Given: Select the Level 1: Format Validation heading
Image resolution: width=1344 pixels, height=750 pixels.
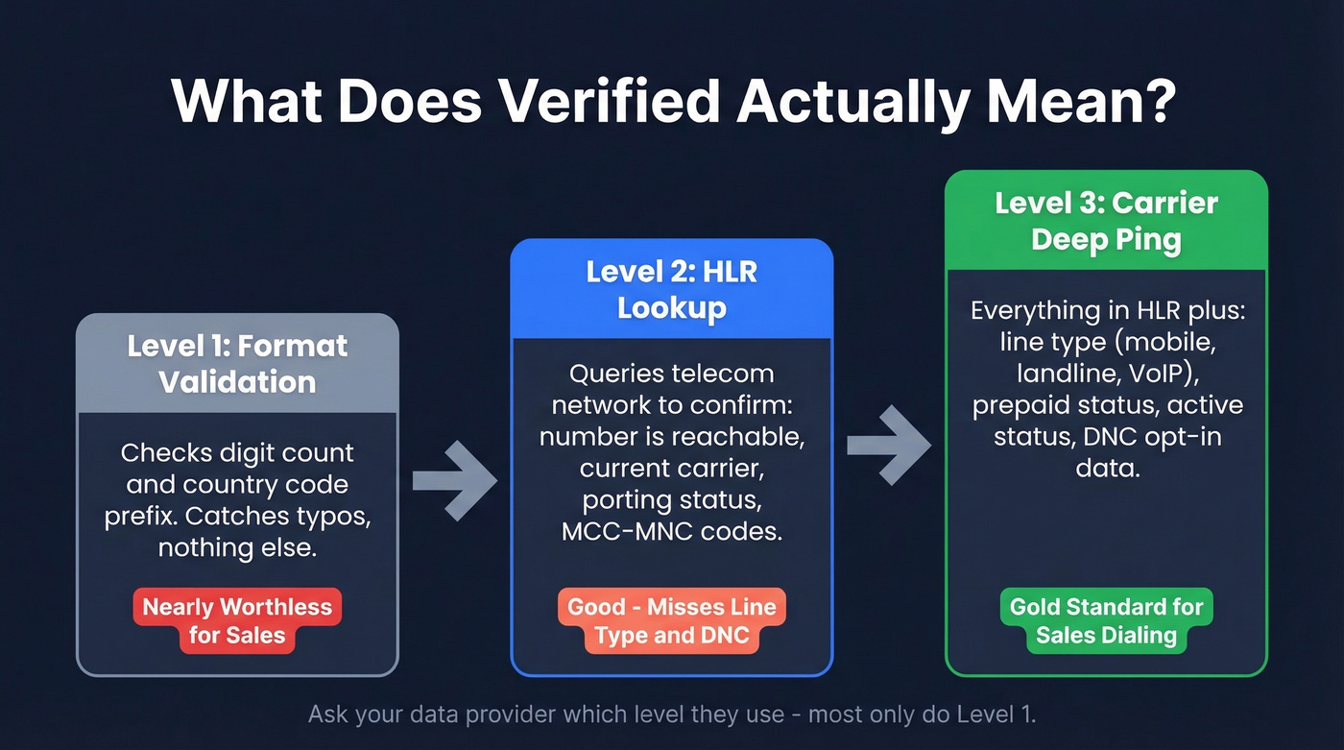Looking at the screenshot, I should [x=237, y=364].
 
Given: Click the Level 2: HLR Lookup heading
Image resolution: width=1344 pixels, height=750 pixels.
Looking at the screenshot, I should [x=672, y=289].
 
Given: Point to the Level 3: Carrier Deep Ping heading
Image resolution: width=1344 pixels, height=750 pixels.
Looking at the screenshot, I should [x=1106, y=221].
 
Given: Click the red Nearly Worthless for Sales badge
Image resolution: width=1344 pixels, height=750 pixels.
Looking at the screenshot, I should [x=237, y=620].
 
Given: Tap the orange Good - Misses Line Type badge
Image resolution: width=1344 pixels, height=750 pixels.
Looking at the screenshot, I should [x=672, y=620].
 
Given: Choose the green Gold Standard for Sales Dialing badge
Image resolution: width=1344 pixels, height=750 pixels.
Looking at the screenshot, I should [x=1106, y=620].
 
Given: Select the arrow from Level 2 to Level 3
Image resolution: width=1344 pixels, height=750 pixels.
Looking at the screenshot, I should [x=889, y=445].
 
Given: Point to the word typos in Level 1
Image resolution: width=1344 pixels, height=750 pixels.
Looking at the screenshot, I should [x=338, y=516].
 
